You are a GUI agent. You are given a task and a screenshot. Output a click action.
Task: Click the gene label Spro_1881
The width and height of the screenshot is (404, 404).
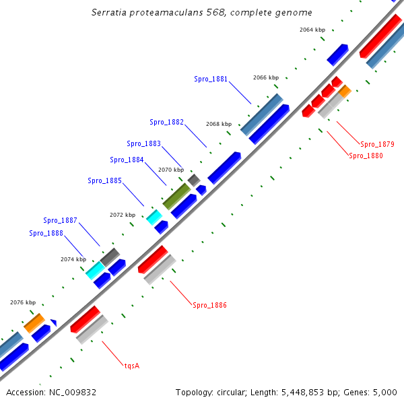click(x=211, y=79)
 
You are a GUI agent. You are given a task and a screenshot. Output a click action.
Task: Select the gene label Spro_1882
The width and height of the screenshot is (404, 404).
click(x=166, y=122)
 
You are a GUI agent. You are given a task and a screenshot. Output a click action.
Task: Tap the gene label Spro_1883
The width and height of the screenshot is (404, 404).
click(x=143, y=143)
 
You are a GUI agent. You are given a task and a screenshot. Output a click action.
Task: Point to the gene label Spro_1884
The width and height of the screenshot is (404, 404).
click(x=127, y=160)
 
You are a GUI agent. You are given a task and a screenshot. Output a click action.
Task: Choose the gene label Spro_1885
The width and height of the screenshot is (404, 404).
click(x=104, y=180)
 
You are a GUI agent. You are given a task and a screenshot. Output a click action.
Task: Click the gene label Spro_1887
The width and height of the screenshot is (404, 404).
click(x=60, y=220)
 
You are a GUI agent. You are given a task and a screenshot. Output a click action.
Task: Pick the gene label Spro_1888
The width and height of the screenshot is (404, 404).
click(x=46, y=233)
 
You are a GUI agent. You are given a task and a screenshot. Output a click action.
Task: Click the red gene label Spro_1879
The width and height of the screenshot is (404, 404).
click(x=377, y=144)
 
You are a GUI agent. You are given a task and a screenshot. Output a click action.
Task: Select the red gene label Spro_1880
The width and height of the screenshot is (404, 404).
click(x=366, y=156)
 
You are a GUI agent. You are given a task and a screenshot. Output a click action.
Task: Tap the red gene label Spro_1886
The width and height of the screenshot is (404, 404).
click(x=209, y=305)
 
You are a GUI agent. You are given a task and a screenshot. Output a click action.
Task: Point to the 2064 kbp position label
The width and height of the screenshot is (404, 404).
click(x=312, y=30)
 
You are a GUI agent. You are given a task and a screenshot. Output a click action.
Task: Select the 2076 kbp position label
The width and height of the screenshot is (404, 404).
click(x=22, y=302)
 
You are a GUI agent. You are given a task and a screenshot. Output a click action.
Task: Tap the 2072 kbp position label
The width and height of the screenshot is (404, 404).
click(x=123, y=215)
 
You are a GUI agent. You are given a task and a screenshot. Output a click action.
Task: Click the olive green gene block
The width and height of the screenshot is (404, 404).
click(x=176, y=196)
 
